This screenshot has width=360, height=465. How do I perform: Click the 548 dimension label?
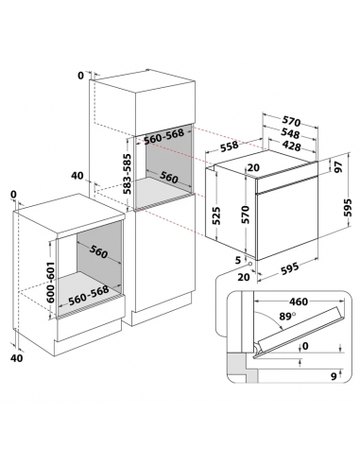[x=290, y=133]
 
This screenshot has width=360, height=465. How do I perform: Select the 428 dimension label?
[x=292, y=146]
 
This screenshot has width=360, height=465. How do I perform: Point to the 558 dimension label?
[x=230, y=146]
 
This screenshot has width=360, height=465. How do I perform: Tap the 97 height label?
[x=338, y=166]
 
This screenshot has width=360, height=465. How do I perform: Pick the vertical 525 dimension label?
[x=215, y=215]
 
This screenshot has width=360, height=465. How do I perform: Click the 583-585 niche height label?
[x=127, y=174]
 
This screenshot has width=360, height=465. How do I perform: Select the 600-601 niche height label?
[x=50, y=282]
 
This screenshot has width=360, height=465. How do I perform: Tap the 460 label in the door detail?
[x=299, y=301]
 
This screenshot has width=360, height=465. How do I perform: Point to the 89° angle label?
[x=287, y=316]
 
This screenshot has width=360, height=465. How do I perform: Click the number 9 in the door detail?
[x=334, y=376]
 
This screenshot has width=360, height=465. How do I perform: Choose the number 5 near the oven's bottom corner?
[x=238, y=260]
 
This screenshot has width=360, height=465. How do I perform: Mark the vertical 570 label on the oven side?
[x=246, y=215]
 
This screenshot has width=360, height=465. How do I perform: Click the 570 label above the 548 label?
[x=291, y=121]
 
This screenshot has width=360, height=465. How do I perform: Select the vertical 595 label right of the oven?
[x=348, y=207]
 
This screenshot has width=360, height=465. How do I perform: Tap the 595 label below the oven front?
[x=289, y=268]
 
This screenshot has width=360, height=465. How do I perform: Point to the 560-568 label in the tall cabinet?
[x=163, y=136]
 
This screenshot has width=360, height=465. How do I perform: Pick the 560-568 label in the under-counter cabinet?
[x=89, y=295]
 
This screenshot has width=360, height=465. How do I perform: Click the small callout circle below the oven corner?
[x=249, y=263]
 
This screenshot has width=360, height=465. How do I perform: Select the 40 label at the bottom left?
[x=17, y=358]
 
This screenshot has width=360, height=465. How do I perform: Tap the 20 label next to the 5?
[x=244, y=277]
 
